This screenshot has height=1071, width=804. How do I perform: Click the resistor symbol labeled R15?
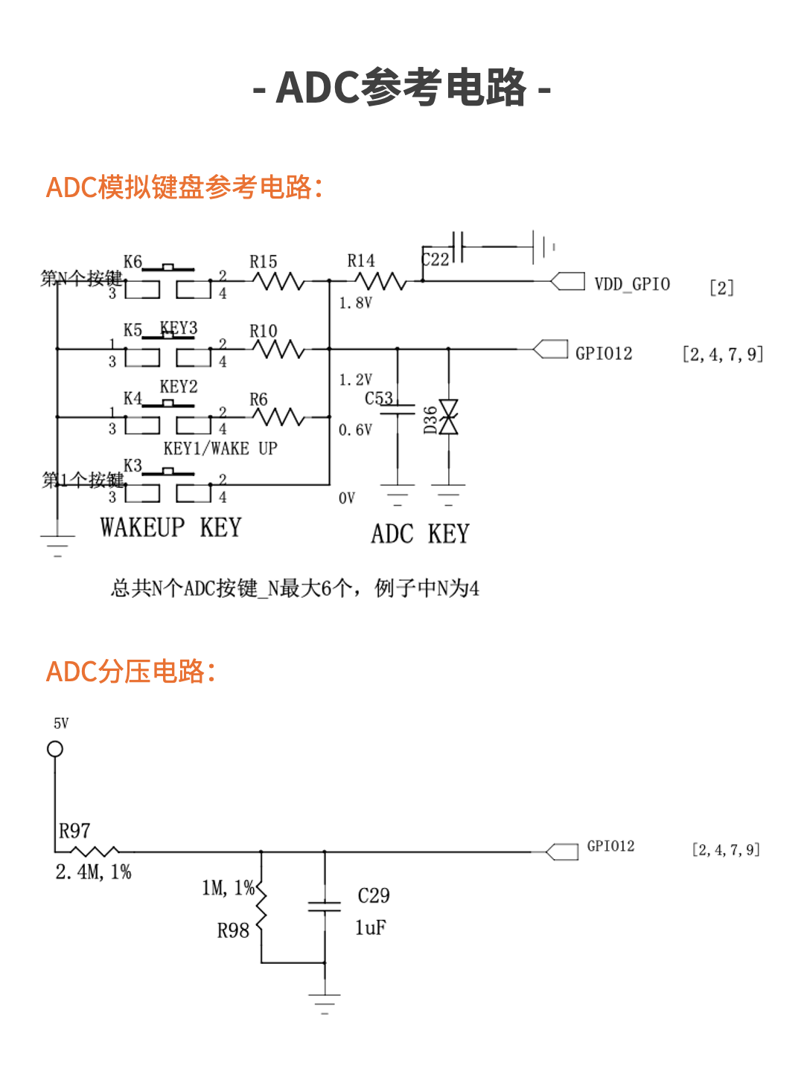point(278,281)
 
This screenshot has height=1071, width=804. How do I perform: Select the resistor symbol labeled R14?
point(380,281)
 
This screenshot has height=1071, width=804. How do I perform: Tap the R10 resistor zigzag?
point(278,349)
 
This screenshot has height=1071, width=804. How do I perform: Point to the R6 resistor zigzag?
point(278,417)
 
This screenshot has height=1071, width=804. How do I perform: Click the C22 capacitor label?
point(435,260)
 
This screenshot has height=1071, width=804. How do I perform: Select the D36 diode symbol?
point(448,416)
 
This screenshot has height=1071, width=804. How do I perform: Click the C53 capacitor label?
point(379,399)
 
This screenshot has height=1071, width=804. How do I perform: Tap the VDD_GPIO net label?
point(632,284)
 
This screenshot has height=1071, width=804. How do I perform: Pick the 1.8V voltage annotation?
point(355,303)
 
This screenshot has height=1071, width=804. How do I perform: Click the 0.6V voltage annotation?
point(355,430)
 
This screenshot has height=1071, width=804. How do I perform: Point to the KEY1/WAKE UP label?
point(220,448)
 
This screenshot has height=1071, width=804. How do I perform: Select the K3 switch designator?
point(133,466)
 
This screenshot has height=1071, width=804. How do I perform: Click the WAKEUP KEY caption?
point(171,527)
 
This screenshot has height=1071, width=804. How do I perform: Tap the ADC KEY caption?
point(420,534)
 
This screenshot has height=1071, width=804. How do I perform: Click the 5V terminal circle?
point(55,749)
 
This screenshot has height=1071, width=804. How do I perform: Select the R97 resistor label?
point(74,831)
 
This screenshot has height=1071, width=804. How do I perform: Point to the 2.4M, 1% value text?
point(94,872)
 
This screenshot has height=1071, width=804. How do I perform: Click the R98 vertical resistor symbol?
point(261,907)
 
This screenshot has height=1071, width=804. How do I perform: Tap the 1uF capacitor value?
point(371,927)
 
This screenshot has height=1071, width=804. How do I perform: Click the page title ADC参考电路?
point(402,88)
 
